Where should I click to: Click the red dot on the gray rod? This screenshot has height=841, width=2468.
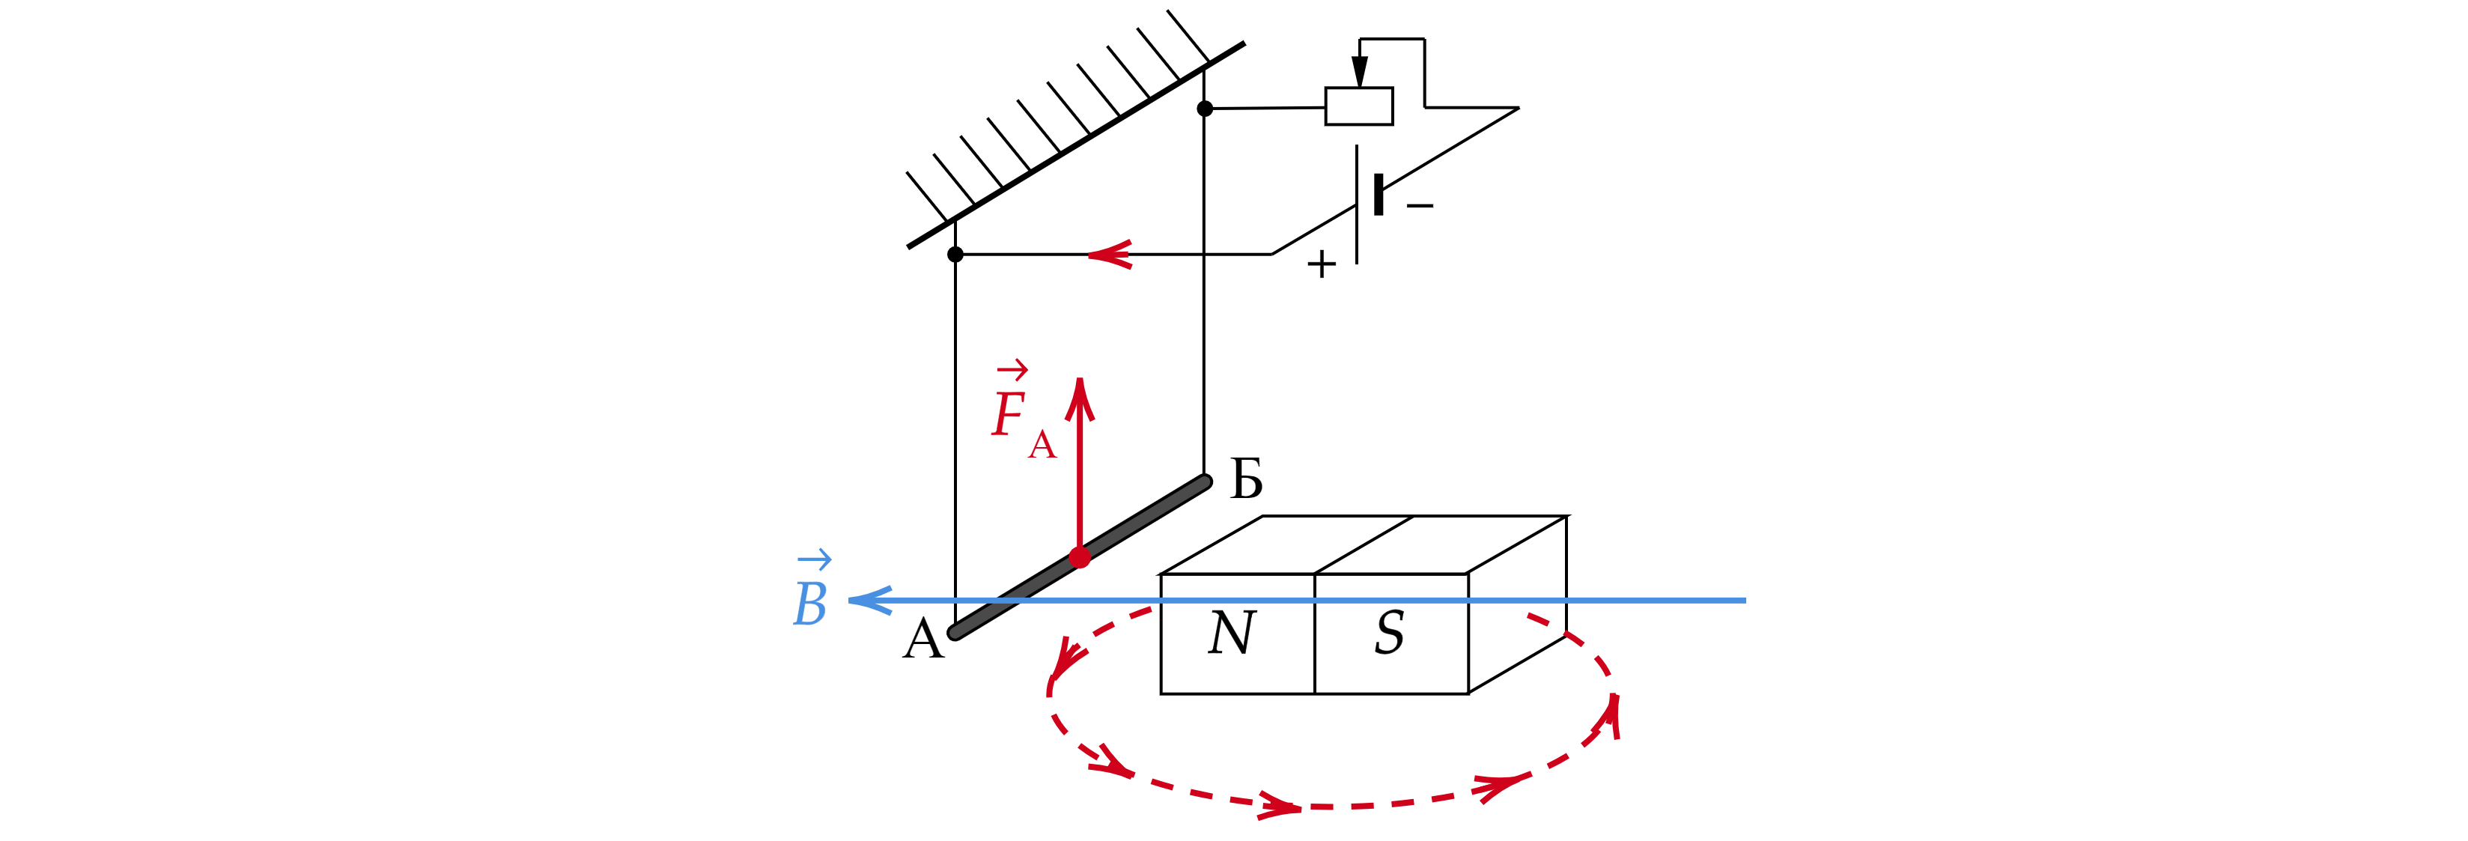(x=1080, y=557)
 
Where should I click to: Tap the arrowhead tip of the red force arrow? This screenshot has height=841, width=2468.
(x=1080, y=381)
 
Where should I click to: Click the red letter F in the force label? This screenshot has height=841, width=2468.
(x=1009, y=416)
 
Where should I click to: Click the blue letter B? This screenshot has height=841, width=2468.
(x=810, y=604)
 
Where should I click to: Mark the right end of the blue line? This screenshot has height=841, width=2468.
(x=1745, y=601)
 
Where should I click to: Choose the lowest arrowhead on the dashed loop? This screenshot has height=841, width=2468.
(x=1279, y=807)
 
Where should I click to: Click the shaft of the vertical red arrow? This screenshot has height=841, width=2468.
(x=1080, y=479)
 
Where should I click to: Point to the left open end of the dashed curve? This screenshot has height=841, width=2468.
(x=1149, y=609)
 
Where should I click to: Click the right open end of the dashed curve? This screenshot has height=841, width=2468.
(x=1529, y=615)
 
